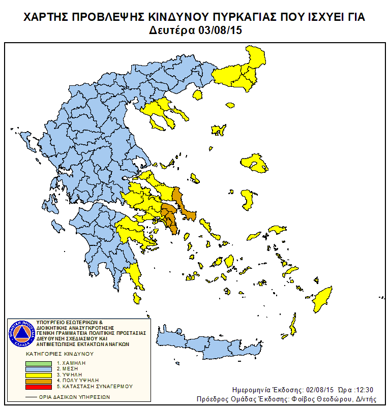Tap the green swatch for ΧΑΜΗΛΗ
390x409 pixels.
pos(39,363)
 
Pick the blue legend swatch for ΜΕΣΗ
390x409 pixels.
pos(39,369)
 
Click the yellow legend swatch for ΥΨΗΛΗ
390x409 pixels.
pos(39,374)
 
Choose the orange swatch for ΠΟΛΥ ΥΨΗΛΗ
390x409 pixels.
pos(39,380)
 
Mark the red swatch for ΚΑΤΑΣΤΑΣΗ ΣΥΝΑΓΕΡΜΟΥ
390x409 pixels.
pos(39,386)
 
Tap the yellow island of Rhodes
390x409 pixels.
pos(322,300)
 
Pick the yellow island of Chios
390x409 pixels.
pos(247,199)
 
